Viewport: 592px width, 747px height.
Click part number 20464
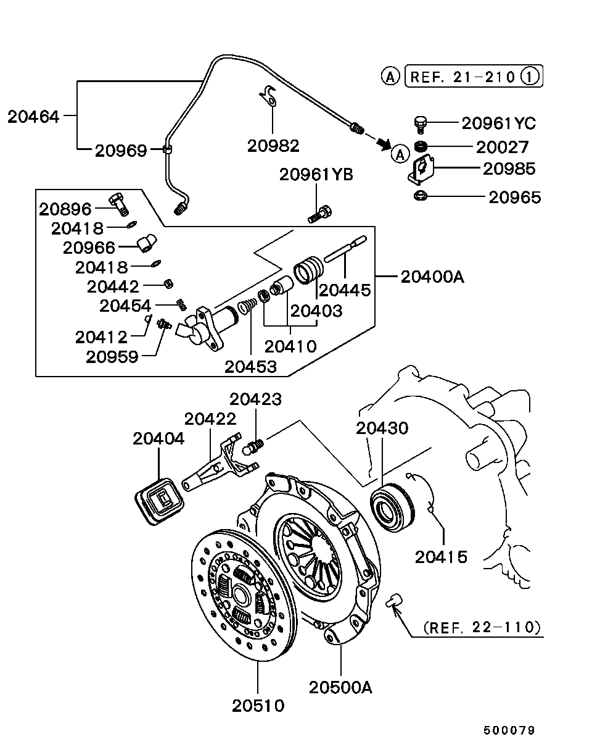click(33, 117)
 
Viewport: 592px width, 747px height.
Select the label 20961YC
click(499, 123)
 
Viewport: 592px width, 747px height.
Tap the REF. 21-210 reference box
click(474, 76)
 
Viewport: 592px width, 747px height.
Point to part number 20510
click(258, 706)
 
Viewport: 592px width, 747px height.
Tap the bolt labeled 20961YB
click(320, 214)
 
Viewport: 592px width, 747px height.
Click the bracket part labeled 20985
click(421, 169)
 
